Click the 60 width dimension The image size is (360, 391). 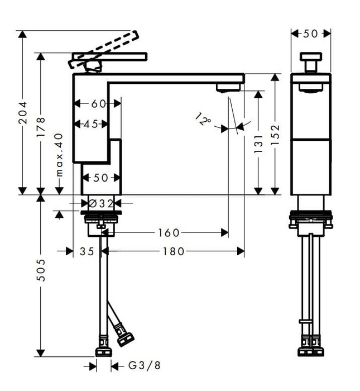[98, 104]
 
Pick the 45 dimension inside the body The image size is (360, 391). [92, 124]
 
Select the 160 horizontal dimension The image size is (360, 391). [169, 232]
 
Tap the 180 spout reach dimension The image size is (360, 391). [174, 251]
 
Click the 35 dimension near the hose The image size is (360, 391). [87, 251]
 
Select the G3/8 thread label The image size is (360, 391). [144, 366]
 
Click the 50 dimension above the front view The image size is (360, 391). [311, 34]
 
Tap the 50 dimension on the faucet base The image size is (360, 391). [100, 178]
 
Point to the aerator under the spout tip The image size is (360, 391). [228, 87]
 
